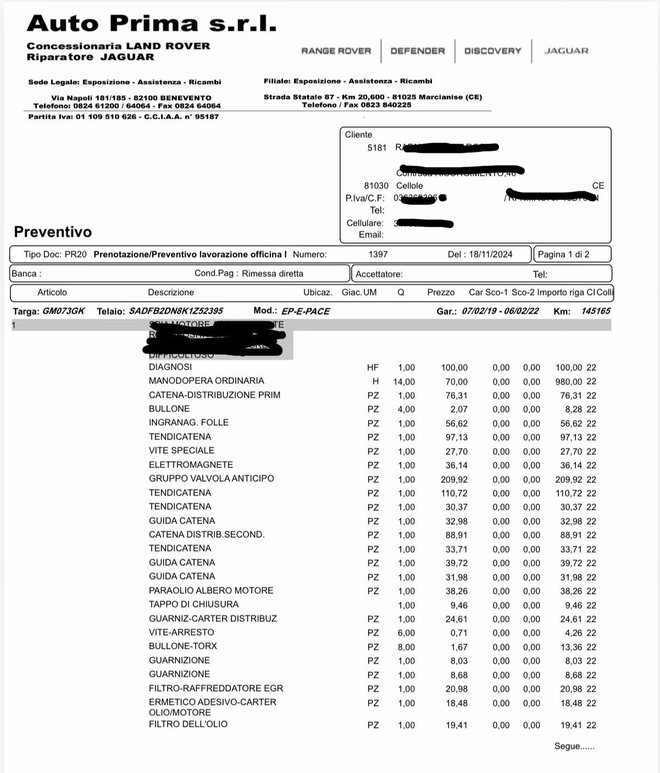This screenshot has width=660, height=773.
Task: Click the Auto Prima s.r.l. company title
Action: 151,24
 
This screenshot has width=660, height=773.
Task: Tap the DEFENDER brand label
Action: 418,51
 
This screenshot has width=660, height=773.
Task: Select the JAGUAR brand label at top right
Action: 566,51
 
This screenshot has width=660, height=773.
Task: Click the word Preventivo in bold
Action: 53,232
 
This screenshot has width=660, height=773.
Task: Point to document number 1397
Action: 378,254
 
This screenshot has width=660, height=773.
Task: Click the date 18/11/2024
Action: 491,254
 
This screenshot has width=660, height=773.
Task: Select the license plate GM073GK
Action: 64,311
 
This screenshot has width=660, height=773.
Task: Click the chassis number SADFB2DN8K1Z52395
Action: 175,311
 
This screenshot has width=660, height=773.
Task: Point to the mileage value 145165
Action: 596,311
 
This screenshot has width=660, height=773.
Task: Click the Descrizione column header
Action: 171,292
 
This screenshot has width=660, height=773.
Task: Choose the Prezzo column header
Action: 441,292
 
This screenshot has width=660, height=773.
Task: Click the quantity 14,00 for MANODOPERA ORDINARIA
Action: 404,382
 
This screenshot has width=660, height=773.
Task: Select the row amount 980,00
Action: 569,382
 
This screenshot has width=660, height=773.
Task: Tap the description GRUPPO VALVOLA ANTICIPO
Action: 211,479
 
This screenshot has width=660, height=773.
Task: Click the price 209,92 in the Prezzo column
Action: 454,480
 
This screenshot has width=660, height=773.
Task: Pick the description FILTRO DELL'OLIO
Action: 188,724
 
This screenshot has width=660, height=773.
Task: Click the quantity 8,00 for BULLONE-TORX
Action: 406,647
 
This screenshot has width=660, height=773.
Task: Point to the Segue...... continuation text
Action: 574,746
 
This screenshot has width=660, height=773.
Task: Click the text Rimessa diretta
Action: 273,274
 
